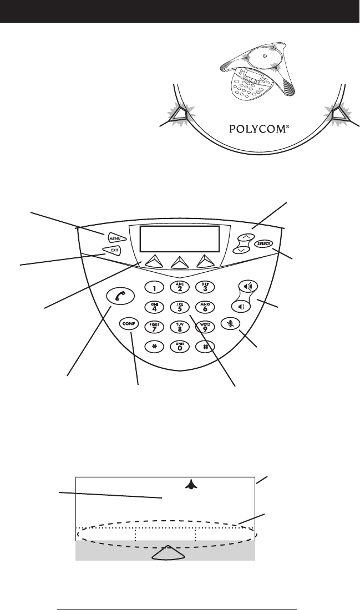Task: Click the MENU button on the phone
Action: click(115, 238)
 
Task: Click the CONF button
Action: click(127, 324)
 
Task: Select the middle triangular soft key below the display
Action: click(179, 261)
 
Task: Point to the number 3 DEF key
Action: click(205, 286)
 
